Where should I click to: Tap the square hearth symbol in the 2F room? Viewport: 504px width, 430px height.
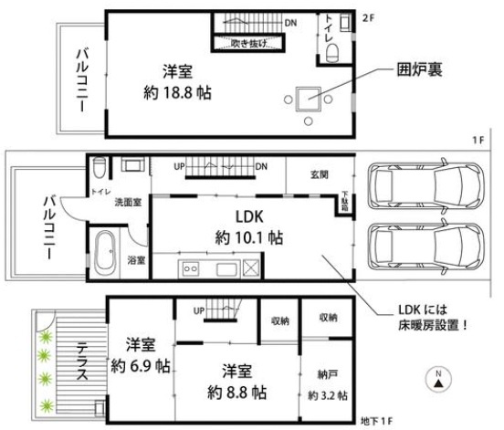[309, 95]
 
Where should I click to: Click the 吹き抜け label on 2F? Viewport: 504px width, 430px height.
[247, 42]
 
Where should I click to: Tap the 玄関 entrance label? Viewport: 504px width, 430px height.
[319, 173]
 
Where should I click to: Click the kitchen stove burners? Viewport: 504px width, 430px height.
[191, 268]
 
